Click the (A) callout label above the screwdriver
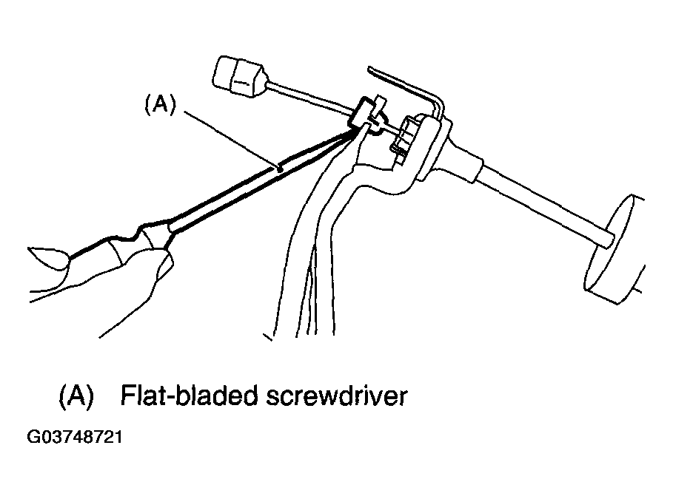(158, 106)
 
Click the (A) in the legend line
(76, 396)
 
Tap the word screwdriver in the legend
(335, 396)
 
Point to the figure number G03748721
(74, 437)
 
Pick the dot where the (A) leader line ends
(281, 169)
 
